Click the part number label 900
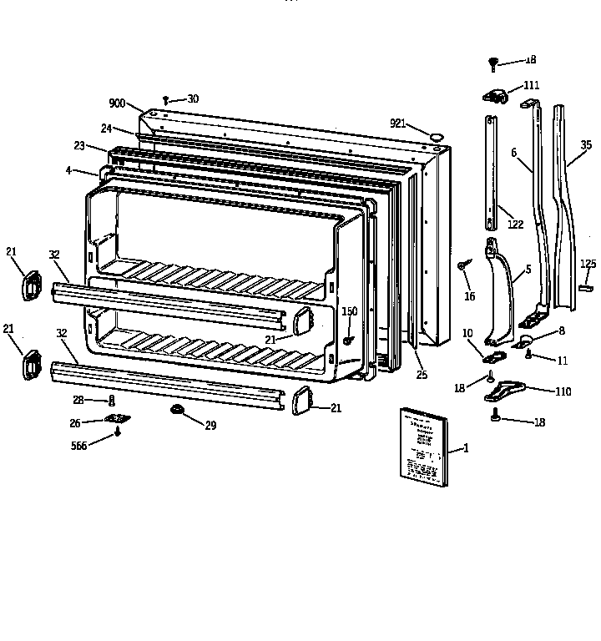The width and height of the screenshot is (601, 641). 117,103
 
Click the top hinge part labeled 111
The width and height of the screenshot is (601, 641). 496,97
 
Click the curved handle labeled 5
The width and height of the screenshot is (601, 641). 501,292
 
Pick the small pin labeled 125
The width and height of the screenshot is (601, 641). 586,286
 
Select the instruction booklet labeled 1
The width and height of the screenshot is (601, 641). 423,447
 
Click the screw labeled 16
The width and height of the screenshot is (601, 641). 461,265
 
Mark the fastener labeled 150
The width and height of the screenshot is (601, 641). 347,341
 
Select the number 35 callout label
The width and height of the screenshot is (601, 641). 587,144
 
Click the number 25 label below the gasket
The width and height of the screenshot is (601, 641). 422,376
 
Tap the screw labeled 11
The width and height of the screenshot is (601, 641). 529,354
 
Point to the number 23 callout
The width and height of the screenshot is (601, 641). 79,145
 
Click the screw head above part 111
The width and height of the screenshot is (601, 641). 493,62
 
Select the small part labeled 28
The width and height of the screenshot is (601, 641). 112,400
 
